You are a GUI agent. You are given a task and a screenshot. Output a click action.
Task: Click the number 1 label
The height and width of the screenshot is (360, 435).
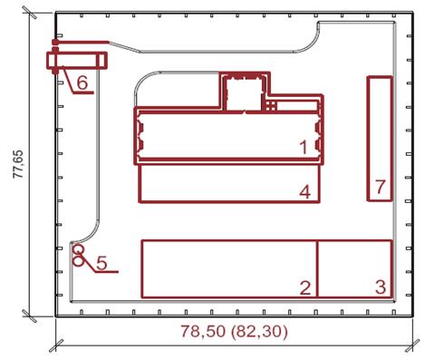tap(304, 148)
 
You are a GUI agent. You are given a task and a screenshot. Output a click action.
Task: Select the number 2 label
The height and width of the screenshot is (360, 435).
tap(305, 287)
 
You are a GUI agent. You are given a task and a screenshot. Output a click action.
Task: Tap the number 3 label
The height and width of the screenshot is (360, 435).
tap(381, 287)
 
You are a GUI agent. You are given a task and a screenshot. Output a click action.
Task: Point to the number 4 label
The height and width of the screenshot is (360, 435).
tap(304, 191)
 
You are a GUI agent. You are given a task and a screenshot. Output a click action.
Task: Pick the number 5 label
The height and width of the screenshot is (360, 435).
tap(101, 262)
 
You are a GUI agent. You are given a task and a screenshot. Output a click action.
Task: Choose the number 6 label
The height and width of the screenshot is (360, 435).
tap(82, 83)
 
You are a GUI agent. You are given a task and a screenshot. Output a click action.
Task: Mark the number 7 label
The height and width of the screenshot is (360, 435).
tap(380, 187)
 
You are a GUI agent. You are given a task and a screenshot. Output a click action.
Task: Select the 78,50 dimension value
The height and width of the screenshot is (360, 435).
tap(203, 331)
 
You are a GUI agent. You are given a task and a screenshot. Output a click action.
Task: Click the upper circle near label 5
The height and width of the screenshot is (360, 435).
tap(79, 249)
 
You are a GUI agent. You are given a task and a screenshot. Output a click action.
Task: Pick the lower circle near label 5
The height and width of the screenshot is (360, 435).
tap(78, 260)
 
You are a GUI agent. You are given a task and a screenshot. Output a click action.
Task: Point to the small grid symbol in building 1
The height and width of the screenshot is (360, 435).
tap(271, 106)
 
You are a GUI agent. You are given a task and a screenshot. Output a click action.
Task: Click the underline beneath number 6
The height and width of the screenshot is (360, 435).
tap(83, 92)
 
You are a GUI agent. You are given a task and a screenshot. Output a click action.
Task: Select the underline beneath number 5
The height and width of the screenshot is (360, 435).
tap(106, 272)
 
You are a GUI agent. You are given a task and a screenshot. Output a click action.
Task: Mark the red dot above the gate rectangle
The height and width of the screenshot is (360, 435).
tap(55, 42)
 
